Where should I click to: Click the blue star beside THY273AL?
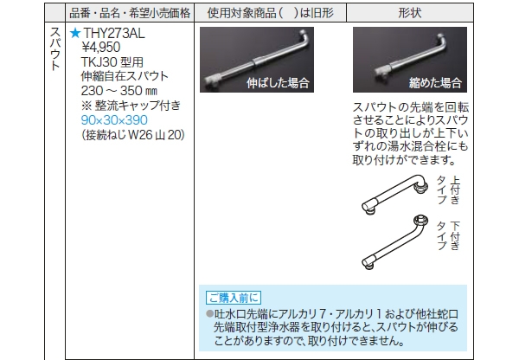75,33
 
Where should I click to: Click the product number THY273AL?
114,33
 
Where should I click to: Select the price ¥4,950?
101,48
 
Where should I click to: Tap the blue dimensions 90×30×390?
114,120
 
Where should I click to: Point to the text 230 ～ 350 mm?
119,91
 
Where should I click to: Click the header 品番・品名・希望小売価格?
130,13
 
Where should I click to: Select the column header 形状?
410,13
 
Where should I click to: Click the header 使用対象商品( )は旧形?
271,13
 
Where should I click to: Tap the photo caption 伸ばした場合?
278,83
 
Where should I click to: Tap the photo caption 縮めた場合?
435,83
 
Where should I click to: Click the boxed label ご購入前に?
234,298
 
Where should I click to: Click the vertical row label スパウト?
55,48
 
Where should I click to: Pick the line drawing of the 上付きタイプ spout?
394,195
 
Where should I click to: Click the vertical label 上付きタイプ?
449,190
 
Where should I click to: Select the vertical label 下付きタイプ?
449,235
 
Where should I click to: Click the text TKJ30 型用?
112,62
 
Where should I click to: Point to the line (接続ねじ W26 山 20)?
133,135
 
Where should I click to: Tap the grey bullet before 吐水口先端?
209,313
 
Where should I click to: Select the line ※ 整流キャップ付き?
131,106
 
